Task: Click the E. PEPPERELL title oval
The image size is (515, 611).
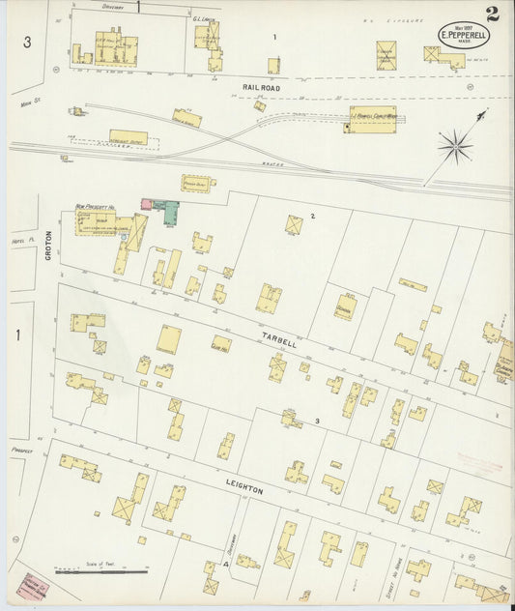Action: [464, 35]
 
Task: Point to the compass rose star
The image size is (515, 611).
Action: [455, 147]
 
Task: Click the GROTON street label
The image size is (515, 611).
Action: [47, 246]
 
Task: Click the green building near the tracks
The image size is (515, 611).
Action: [168, 211]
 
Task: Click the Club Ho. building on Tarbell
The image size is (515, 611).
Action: [221, 342]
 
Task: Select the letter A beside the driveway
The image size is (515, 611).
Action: [225, 563]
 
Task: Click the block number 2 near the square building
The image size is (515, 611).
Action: [312, 215]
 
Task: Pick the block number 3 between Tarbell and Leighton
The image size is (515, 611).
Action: [316, 421]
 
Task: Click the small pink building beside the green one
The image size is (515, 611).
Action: [149, 204]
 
